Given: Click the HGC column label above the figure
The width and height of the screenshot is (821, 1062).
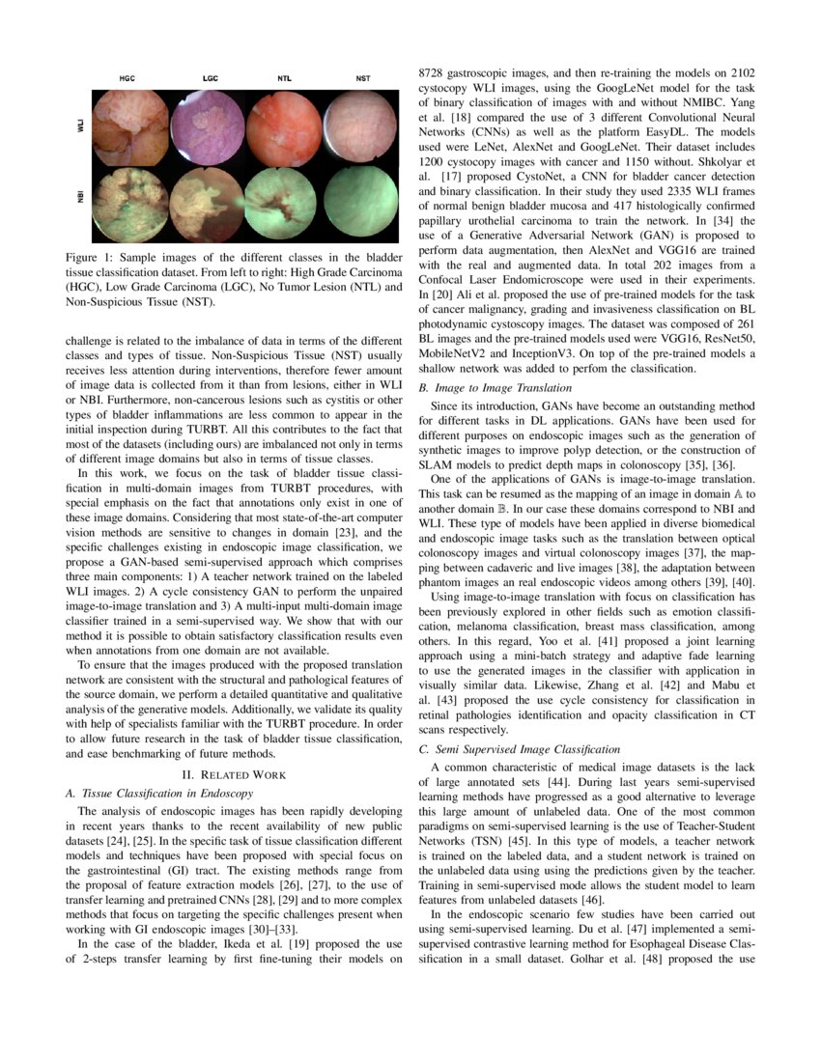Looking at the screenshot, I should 127,77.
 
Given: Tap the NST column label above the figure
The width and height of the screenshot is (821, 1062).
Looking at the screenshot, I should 362,77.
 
